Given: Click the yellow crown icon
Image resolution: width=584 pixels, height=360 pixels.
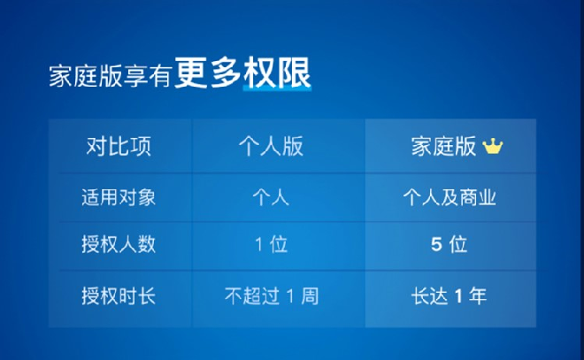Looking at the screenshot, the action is pos(492,146).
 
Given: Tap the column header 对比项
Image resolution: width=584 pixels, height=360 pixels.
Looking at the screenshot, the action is pos(119,146).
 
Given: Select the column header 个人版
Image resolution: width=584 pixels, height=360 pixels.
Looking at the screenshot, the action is pos(271,146).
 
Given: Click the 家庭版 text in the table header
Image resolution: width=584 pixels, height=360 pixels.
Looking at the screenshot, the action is pos(443,146).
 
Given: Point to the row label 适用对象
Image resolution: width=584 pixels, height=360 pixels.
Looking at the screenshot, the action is pos(119,197).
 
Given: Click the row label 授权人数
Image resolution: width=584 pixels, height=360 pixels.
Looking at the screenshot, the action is pos(119,245).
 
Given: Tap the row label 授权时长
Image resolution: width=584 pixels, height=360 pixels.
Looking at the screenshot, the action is pos(119,296).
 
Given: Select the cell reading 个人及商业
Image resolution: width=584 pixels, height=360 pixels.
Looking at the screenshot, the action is pos(450,197).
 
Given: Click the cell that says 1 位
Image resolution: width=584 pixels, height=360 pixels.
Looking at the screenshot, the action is pos(271,245).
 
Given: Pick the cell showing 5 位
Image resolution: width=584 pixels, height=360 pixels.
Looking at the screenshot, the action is pos(449,245).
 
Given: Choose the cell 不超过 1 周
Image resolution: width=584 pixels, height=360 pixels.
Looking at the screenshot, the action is pos(272,296).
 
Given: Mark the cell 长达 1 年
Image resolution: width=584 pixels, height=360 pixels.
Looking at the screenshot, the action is pos(449,296).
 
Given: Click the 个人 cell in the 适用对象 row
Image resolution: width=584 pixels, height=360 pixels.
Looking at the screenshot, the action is pos(271,197).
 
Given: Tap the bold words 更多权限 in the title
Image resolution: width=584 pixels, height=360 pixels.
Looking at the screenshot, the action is pos(242,73).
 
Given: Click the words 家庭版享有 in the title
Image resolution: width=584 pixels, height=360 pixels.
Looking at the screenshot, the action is pos(110,76).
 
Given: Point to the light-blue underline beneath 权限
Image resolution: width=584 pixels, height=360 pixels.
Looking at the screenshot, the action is pos(277,88).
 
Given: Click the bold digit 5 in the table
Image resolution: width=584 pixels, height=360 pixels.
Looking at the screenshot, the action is pos(436,245).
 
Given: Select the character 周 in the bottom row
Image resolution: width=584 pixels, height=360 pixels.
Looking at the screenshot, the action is pos(310,296).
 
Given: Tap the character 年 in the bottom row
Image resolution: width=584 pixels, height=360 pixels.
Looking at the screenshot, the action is pos(478,296).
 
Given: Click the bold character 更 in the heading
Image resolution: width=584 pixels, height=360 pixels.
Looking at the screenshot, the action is pos(191,73).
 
